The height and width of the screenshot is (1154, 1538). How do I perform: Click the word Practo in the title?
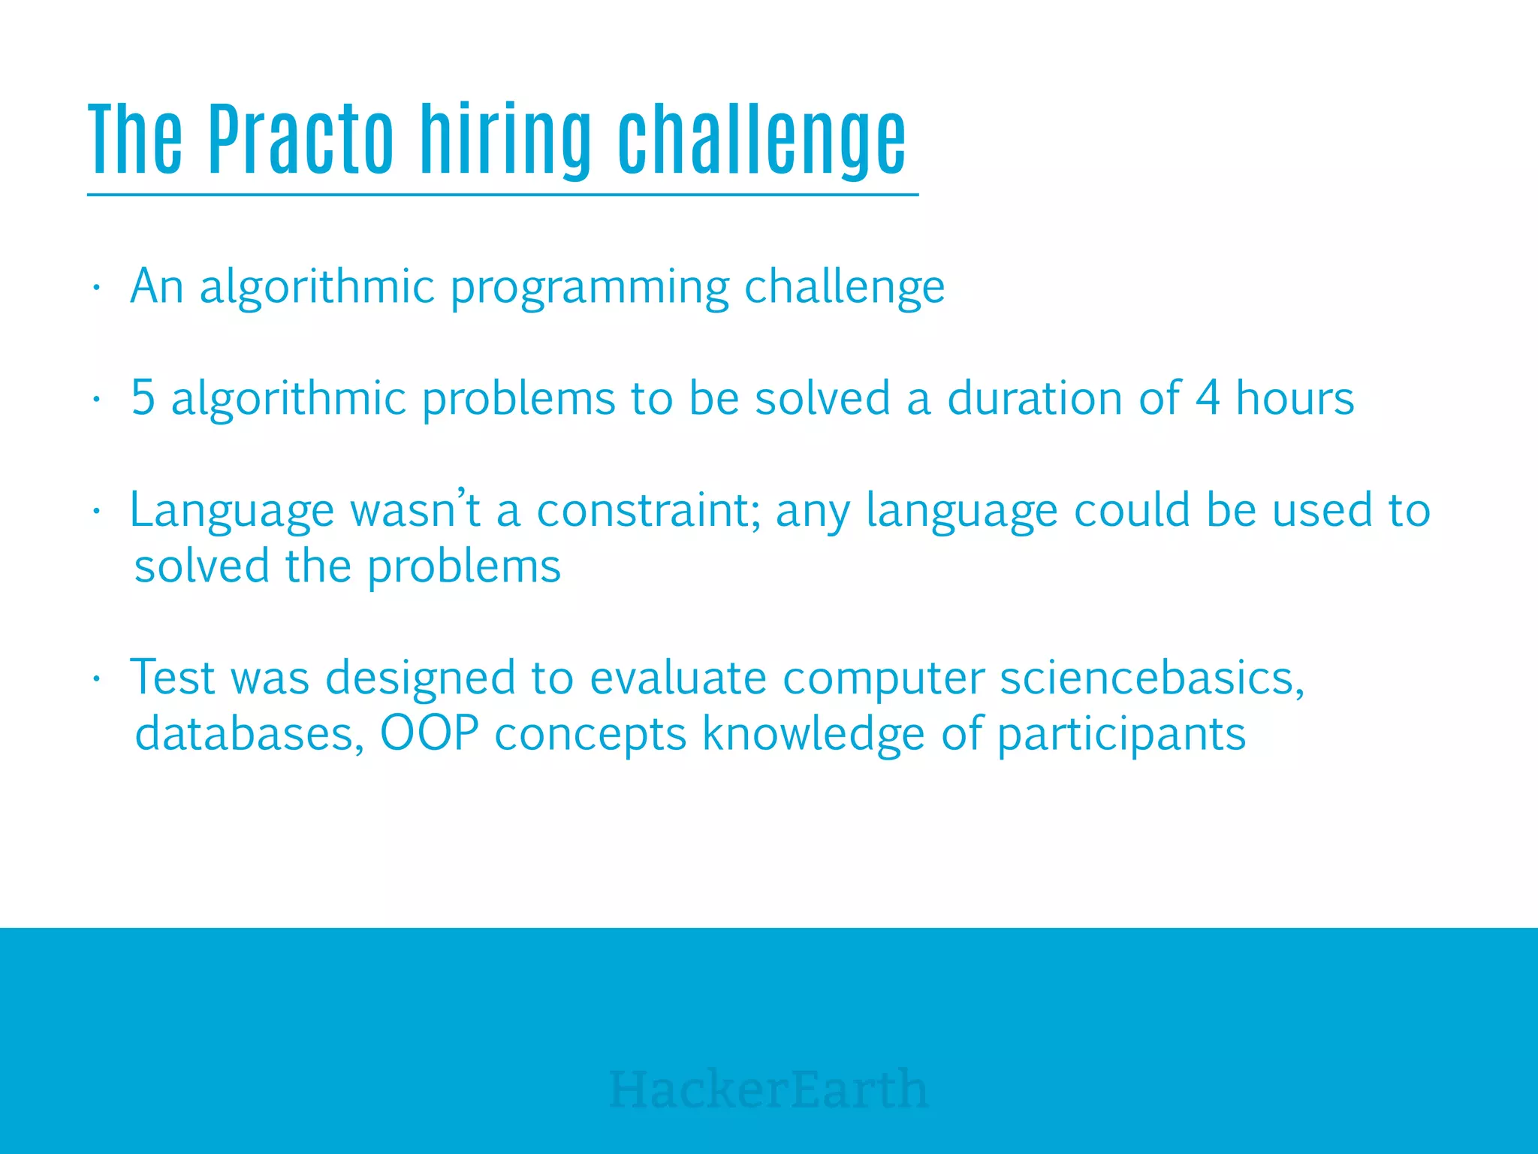click(300, 140)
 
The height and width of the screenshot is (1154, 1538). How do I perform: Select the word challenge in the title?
click(761, 140)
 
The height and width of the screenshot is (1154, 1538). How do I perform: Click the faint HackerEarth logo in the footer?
click(768, 1089)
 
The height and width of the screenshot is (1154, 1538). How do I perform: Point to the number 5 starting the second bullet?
click(143, 397)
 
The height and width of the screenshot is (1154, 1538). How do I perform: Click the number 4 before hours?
click(1208, 397)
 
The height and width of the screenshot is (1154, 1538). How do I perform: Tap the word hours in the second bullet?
click(1295, 397)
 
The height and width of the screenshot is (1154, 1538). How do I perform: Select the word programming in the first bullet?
click(590, 288)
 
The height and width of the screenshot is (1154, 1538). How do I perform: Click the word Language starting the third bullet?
click(231, 511)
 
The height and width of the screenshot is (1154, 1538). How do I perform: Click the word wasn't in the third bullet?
click(415, 511)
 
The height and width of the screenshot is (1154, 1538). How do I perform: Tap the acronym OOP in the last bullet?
click(429, 733)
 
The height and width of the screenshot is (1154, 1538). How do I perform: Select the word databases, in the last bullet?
click(249, 733)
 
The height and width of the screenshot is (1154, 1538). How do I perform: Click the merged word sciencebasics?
click(1152, 678)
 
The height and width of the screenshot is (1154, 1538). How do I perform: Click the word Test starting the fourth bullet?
click(173, 678)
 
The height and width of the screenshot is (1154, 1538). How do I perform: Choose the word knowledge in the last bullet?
click(813, 733)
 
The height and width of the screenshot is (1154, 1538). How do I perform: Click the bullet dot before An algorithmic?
click(96, 288)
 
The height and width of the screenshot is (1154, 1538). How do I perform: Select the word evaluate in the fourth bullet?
click(678, 678)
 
